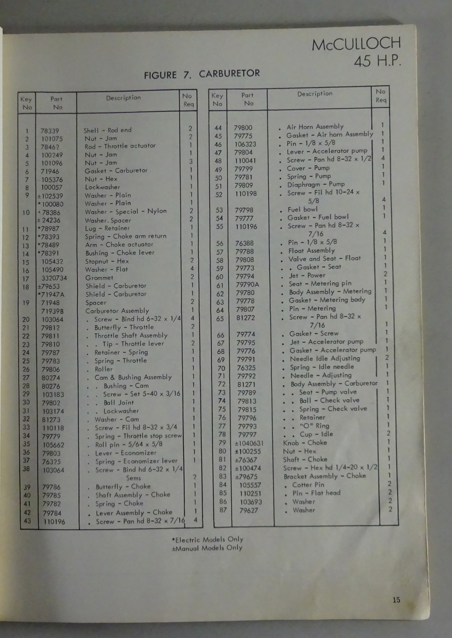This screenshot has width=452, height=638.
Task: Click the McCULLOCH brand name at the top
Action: coord(356,43)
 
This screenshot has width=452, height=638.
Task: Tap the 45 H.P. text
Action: coord(377,61)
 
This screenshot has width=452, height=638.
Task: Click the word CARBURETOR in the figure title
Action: coord(229,73)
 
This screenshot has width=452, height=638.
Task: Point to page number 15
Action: coord(396,600)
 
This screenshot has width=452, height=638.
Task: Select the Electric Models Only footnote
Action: coord(208,540)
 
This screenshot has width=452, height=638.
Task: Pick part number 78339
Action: coord(50,131)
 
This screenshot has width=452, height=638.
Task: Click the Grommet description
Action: coord(99,278)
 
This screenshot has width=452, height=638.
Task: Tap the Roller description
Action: coord(103,369)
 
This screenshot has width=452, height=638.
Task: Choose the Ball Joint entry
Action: coord(119,402)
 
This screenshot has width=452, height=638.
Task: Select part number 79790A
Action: coord(247,284)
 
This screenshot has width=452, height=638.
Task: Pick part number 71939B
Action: coord(52,311)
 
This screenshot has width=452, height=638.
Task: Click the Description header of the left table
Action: coord(123,98)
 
